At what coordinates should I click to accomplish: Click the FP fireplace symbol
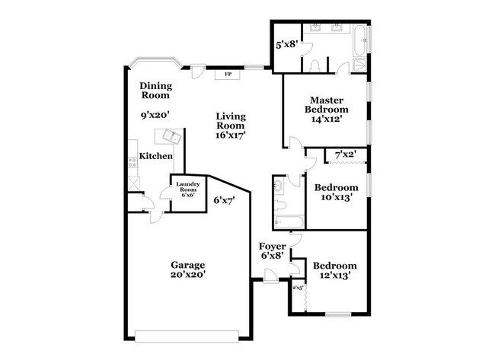pyautogui.click(x=228, y=75)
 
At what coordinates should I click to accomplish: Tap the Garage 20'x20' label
pyautogui.click(x=187, y=269)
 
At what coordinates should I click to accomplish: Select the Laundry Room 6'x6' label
pyautogui.click(x=187, y=190)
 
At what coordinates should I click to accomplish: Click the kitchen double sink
pyautogui.click(x=170, y=138)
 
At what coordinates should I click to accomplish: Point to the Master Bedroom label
pyautogui.click(x=327, y=104)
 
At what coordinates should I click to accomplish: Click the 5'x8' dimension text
pyautogui.click(x=286, y=44)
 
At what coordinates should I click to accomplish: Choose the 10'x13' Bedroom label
pyautogui.click(x=337, y=193)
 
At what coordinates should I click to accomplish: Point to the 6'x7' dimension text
pyautogui.click(x=224, y=201)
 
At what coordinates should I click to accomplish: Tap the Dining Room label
pyautogui.click(x=155, y=91)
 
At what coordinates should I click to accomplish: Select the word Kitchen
pyautogui.click(x=155, y=156)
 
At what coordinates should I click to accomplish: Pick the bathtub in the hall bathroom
pyautogui.click(x=289, y=221)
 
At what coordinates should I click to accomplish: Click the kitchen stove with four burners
pyautogui.click(x=133, y=161)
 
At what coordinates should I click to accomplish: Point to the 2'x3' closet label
pyautogui.click(x=297, y=288)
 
